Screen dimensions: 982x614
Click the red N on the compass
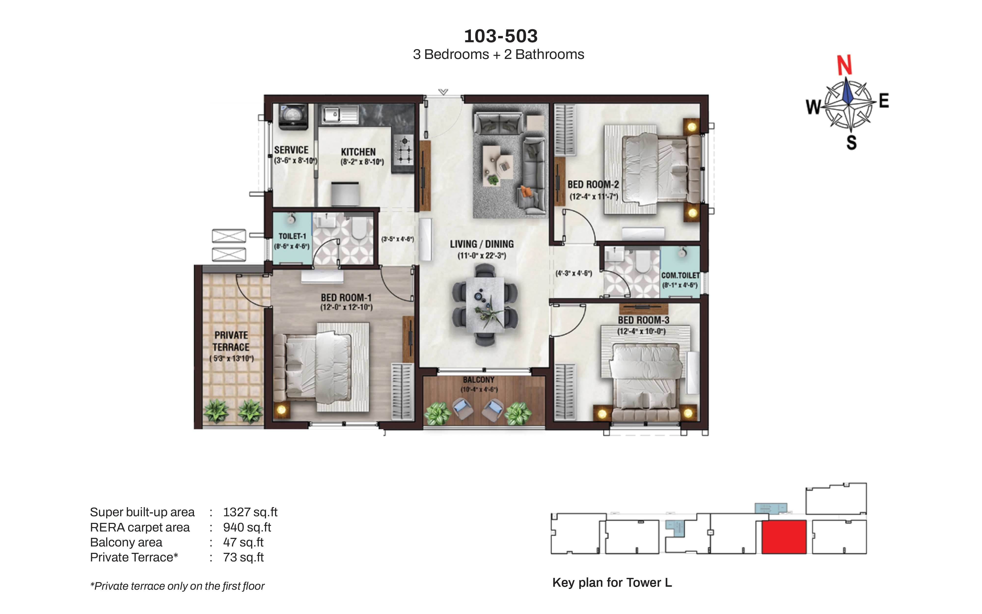coord(845,65)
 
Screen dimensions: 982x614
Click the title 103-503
coord(501,36)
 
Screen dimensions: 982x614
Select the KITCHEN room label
coord(358,152)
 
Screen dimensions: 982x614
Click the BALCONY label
coord(479,380)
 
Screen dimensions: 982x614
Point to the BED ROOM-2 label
coord(593,184)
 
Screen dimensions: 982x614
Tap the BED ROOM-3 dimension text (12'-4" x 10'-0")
coord(641,331)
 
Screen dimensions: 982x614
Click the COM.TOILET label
coord(681,275)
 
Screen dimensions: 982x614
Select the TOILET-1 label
coord(292,236)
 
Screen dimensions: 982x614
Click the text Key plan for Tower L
coord(612,583)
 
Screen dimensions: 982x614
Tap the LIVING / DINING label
coord(482,244)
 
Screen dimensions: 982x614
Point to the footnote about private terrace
coord(177,586)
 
